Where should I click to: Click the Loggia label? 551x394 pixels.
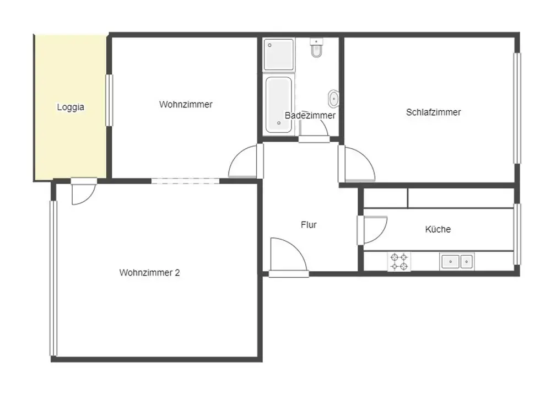pyautogui.click(x=71, y=107)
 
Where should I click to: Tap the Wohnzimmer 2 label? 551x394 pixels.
pyautogui.click(x=149, y=272)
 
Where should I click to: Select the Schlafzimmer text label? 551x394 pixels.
pyautogui.click(x=433, y=112)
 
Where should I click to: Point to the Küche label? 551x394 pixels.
pyautogui.click(x=438, y=229)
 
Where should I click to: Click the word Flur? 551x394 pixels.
pyautogui.click(x=309, y=225)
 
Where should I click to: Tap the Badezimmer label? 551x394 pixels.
pyautogui.click(x=310, y=115)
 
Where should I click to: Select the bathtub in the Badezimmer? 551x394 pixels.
pyautogui.click(x=279, y=105)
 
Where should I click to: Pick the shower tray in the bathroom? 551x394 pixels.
pyautogui.click(x=279, y=55)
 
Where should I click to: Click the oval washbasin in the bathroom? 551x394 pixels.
pyautogui.click(x=333, y=99)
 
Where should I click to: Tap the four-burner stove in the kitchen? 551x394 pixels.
pyautogui.click(x=399, y=262)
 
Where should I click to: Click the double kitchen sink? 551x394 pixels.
pyautogui.click(x=457, y=262)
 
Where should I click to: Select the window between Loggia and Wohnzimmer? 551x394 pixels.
pyautogui.click(x=109, y=100)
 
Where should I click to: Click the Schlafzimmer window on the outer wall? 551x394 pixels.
pyautogui.click(x=517, y=108)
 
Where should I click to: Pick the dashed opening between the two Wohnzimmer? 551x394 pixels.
pyautogui.click(x=185, y=181)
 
